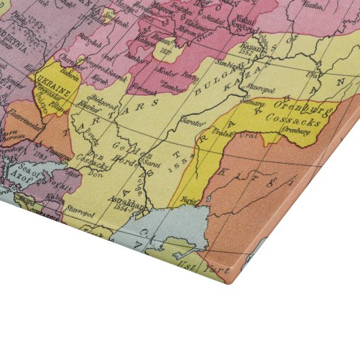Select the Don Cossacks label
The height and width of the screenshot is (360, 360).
tap(89, 162)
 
